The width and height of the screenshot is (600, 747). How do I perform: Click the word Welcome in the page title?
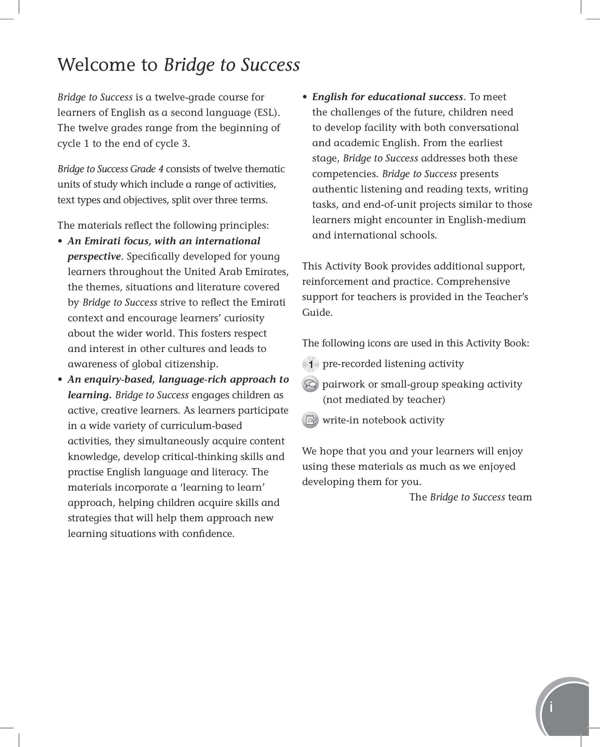pos(96,65)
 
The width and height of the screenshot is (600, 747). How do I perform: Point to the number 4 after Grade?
pos(161,169)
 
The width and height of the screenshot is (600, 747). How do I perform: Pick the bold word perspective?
pos(94,257)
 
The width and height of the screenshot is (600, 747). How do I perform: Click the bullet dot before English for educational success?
pos(305,97)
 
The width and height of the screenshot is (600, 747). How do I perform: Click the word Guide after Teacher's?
pos(316,313)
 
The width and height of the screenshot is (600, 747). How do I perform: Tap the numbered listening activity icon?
pos(310,364)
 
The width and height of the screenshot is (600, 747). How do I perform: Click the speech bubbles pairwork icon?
pos(310,384)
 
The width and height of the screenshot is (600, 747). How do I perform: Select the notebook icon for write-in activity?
pos(310,420)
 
